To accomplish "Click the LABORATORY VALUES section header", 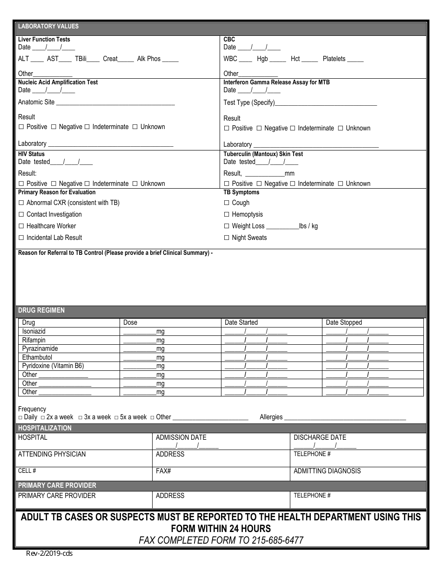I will [48, 27].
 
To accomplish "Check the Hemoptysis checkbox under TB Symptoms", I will [227, 214].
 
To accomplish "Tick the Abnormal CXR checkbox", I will [21, 203].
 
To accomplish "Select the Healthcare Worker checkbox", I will [21, 226].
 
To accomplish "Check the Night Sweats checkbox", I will [227, 238].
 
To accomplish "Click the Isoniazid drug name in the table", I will [34, 331].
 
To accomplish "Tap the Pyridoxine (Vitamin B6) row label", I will [53, 366].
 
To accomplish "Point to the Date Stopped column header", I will [344, 322].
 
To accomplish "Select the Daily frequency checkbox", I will [20, 417].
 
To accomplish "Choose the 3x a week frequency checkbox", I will [80, 417].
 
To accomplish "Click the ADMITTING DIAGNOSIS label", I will [327, 471].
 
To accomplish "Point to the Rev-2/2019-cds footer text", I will [49, 554].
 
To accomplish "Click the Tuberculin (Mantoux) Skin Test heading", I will [263, 154].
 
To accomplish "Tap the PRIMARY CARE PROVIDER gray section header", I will [57, 485].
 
